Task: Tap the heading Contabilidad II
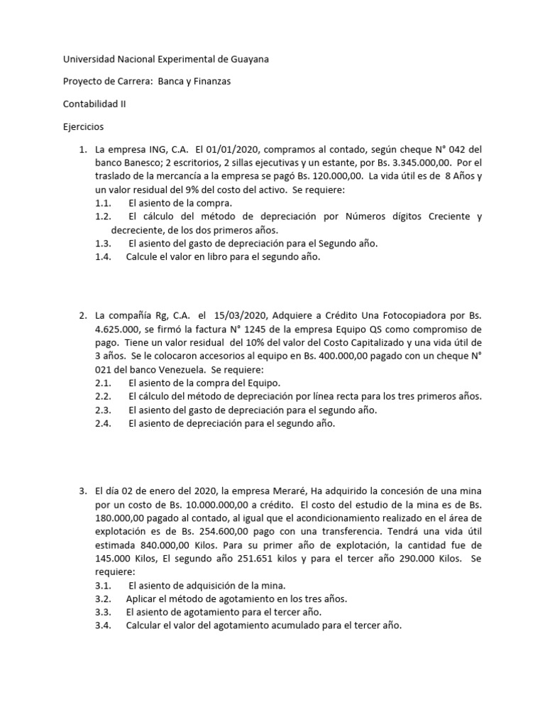point(96,104)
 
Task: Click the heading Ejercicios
point(84,127)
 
